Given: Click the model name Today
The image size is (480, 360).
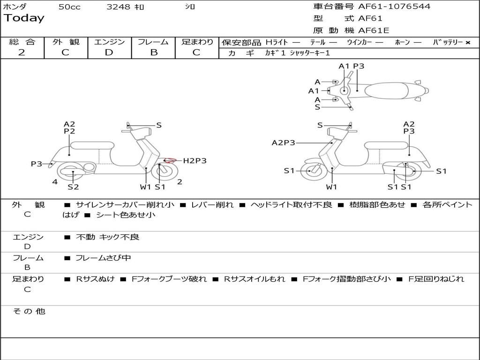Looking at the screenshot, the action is (x=24, y=18).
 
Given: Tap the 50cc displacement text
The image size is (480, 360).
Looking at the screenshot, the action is (x=69, y=7).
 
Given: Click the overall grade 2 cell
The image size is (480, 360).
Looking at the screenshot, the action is (x=22, y=52).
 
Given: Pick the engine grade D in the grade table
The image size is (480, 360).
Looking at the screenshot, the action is (x=109, y=52).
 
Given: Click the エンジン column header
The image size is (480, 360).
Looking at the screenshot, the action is (x=109, y=42).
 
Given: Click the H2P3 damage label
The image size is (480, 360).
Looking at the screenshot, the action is (x=195, y=161).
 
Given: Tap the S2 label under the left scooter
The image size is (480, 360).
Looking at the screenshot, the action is (x=73, y=187).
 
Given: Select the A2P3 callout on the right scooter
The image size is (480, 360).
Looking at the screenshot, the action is (x=283, y=143).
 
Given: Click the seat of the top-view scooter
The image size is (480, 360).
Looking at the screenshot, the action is (x=389, y=90).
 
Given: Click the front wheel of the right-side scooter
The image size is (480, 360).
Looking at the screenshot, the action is (x=311, y=171).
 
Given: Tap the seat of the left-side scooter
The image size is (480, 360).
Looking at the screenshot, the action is (x=92, y=145).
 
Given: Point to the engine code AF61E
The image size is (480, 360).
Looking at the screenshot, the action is (x=374, y=31).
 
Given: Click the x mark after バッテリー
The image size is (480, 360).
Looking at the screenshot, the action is (x=468, y=43).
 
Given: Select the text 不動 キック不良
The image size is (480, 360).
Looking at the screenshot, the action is (x=107, y=237).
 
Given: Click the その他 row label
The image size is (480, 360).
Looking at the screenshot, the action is (x=29, y=311).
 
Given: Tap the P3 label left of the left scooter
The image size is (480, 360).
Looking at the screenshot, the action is (x=37, y=164).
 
